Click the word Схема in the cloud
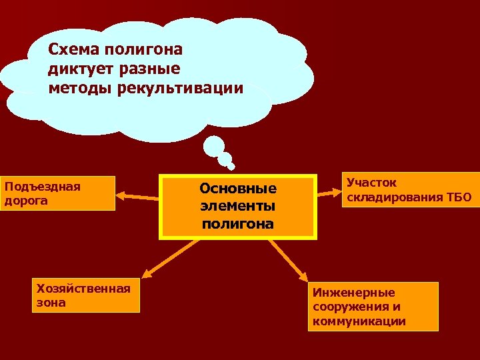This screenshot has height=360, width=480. click(70, 49)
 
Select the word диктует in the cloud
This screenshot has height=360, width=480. click(77, 69)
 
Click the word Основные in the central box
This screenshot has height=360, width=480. click(237, 189)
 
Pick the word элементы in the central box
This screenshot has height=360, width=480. click(237, 206)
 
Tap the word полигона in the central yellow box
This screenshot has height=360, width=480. click(237, 223)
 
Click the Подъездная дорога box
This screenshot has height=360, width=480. click(58, 193)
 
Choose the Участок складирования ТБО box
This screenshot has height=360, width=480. click(409, 190)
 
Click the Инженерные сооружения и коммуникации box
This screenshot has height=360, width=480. click(373, 307)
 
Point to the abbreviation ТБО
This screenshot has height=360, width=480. click(458, 197)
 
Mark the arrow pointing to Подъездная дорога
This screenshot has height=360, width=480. click(137, 196)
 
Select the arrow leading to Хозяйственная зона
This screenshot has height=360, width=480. click(171, 257)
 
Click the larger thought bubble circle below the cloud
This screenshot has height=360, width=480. click(215, 146)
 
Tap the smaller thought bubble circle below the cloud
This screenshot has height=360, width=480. click(227, 160)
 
